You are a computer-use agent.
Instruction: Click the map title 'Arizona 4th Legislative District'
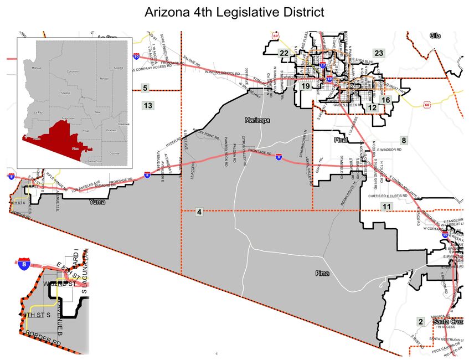coord(234,12)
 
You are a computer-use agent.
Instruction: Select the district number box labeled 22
coord(284,53)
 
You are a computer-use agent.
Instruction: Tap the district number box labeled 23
coord(379,53)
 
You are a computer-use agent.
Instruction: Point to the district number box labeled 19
coord(306,86)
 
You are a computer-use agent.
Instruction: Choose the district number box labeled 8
coord(404,141)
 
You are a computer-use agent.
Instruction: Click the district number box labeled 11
coord(386,207)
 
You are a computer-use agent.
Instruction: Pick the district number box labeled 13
coord(147,105)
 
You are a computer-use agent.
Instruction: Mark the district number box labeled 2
coord(421,322)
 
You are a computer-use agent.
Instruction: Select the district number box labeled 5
coord(145,88)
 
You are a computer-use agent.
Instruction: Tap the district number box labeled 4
coord(199,212)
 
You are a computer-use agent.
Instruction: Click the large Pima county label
coord(322,274)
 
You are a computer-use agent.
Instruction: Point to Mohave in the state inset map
coord(37,68)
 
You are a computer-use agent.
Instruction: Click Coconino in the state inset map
coord(73,72)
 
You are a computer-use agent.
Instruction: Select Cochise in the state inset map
coord(114,153)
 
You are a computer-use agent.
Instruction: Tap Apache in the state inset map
coord(118,68)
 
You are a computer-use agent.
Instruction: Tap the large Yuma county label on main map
coord(97,202)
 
